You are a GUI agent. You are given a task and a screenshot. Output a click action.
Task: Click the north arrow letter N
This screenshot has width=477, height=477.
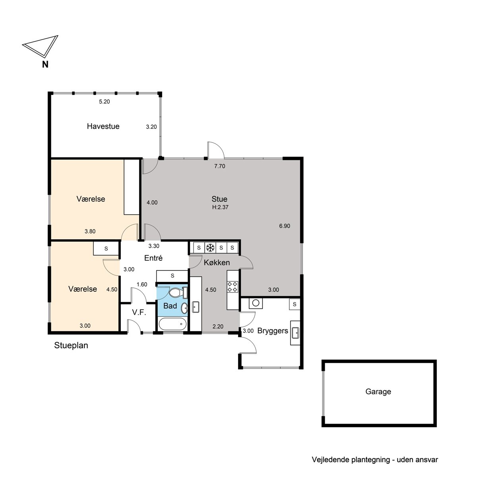[45, 64]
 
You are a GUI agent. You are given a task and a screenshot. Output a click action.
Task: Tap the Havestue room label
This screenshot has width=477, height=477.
[103, 126]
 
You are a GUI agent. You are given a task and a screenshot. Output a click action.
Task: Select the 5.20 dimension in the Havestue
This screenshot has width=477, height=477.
[105, 101]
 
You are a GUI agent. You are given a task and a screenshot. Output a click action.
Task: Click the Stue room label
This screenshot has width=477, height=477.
[219, 199]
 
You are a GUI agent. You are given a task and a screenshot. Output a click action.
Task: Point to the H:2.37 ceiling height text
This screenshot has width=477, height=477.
[220, 207]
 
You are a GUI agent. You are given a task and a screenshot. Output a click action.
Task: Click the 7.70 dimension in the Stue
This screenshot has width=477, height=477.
[220, 166]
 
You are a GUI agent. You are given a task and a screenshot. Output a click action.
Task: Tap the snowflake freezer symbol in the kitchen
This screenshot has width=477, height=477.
[210, 248]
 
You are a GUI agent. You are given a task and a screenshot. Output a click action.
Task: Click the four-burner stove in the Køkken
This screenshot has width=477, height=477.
[233, 287]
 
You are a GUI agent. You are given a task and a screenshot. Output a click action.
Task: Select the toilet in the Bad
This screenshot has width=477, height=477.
[178, 293]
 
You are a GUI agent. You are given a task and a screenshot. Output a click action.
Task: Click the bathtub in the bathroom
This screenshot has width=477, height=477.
[173, 324]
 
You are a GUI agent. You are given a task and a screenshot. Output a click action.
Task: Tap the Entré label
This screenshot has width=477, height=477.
[153, 258]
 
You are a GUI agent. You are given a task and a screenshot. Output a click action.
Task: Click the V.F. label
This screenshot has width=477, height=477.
[139, 312]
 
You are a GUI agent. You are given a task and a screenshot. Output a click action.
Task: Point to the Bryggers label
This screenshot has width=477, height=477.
[273, 331]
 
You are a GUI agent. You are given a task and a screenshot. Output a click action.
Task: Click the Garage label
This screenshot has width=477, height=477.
[378, 392]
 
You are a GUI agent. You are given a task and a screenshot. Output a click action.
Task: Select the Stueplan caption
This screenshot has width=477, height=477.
[71, 345]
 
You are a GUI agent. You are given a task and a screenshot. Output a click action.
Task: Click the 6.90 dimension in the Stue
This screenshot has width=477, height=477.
[285, 226]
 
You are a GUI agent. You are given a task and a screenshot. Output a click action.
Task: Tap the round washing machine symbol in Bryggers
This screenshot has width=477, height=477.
[256, 303]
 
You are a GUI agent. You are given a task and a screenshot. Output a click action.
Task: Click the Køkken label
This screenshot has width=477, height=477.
[217, 262]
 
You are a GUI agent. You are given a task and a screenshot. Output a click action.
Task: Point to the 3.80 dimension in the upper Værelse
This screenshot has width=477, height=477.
[90, 231]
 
